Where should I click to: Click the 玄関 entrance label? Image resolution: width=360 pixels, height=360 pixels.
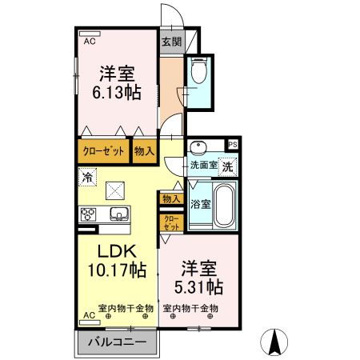pyautogui.click(x=172, y=42)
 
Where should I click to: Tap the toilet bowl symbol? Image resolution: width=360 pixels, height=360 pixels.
pyautogui.click(x=199, y=70)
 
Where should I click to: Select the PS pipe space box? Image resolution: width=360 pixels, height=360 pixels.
pyautogui.click(x=233, y=145)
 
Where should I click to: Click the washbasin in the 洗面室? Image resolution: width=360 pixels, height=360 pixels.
pyautogui.click(x=198, y=146)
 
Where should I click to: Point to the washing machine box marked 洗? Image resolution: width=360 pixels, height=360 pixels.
pyautogui.click(x=227, y=167)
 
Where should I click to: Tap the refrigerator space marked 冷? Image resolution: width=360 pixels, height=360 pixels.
pyautogui.click(x=87, y=177)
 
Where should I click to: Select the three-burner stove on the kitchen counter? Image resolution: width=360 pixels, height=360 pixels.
pyautogui.click(x=87, y=215)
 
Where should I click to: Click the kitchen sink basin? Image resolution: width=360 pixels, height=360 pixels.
pyautogui.click(x=119, y=214)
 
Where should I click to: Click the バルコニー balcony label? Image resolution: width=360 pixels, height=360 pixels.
pyautogui.click(x=118, y=342)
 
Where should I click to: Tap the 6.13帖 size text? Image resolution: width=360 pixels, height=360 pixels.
pyautogui.click(x=117, y=93)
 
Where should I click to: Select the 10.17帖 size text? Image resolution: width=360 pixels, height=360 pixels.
pyautogui.click(x=117, y=270)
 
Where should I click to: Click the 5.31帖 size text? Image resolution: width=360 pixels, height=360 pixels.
pyautogui.click(x=198, y=286)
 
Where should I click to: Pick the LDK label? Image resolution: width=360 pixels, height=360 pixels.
pyautogui.click(x=118, y=251)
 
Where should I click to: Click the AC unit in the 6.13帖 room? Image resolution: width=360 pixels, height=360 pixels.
pyautogui.click(x=90, y=34)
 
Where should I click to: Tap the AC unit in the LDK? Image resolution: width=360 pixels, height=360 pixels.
pyautogui.click(x=90, y=322)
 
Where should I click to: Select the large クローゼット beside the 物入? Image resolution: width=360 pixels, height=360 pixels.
pyautogui.click(x=103, y=151)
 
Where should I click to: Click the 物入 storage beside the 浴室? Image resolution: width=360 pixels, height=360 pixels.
pyautogui.click(x=171, y=198)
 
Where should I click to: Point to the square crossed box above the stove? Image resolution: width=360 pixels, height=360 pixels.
pyautogui.click(x=115, y=190)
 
